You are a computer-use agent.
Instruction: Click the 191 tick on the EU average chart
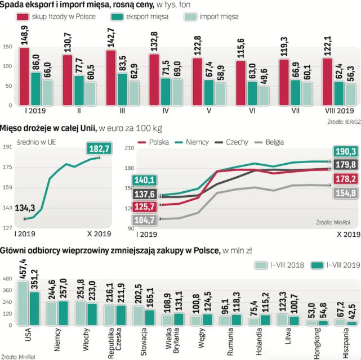pos(8,147)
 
